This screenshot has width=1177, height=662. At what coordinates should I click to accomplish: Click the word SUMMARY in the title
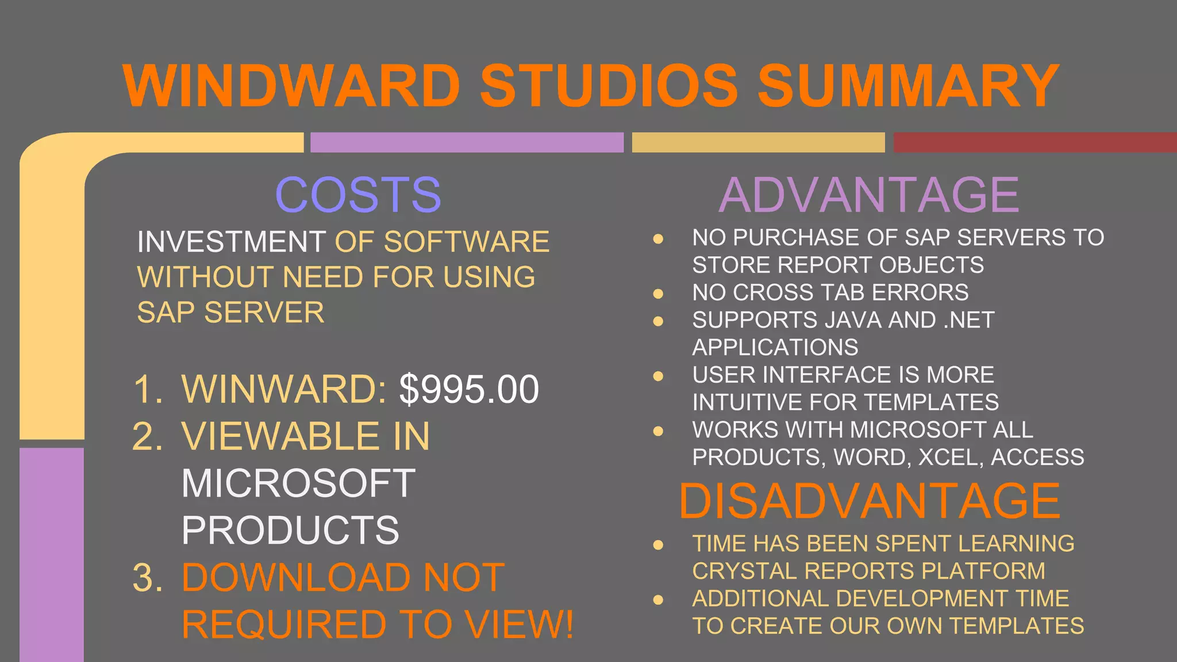[x=908, y=86]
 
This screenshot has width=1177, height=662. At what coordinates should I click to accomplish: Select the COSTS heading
[x=358, y=195]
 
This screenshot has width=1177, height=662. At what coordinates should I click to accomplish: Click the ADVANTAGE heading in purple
[x=868, y=195]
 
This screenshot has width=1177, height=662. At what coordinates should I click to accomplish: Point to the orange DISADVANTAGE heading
[x=870, y=501]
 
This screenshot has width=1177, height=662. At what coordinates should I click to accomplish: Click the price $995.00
[x=469, y=390]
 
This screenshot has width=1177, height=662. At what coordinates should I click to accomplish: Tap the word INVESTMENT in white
[x=232, y=242]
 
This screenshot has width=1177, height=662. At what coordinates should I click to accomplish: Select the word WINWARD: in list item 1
[x=284, y=390]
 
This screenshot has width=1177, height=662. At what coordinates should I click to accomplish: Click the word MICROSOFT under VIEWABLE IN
[x=298, y=483]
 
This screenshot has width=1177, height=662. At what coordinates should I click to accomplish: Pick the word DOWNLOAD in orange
[x=294, y=578]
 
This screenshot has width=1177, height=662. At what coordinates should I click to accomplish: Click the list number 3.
[x=147, y=578]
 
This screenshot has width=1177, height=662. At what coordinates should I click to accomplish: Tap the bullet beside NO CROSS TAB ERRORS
[x=659, y=294]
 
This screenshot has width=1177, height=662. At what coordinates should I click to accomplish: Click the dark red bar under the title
[x=1034, y=142]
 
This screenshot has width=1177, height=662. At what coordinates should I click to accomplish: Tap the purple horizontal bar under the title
[x=467, y=142]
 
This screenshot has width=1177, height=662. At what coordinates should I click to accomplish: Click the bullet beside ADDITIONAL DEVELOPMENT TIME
[x=659, y=600]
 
